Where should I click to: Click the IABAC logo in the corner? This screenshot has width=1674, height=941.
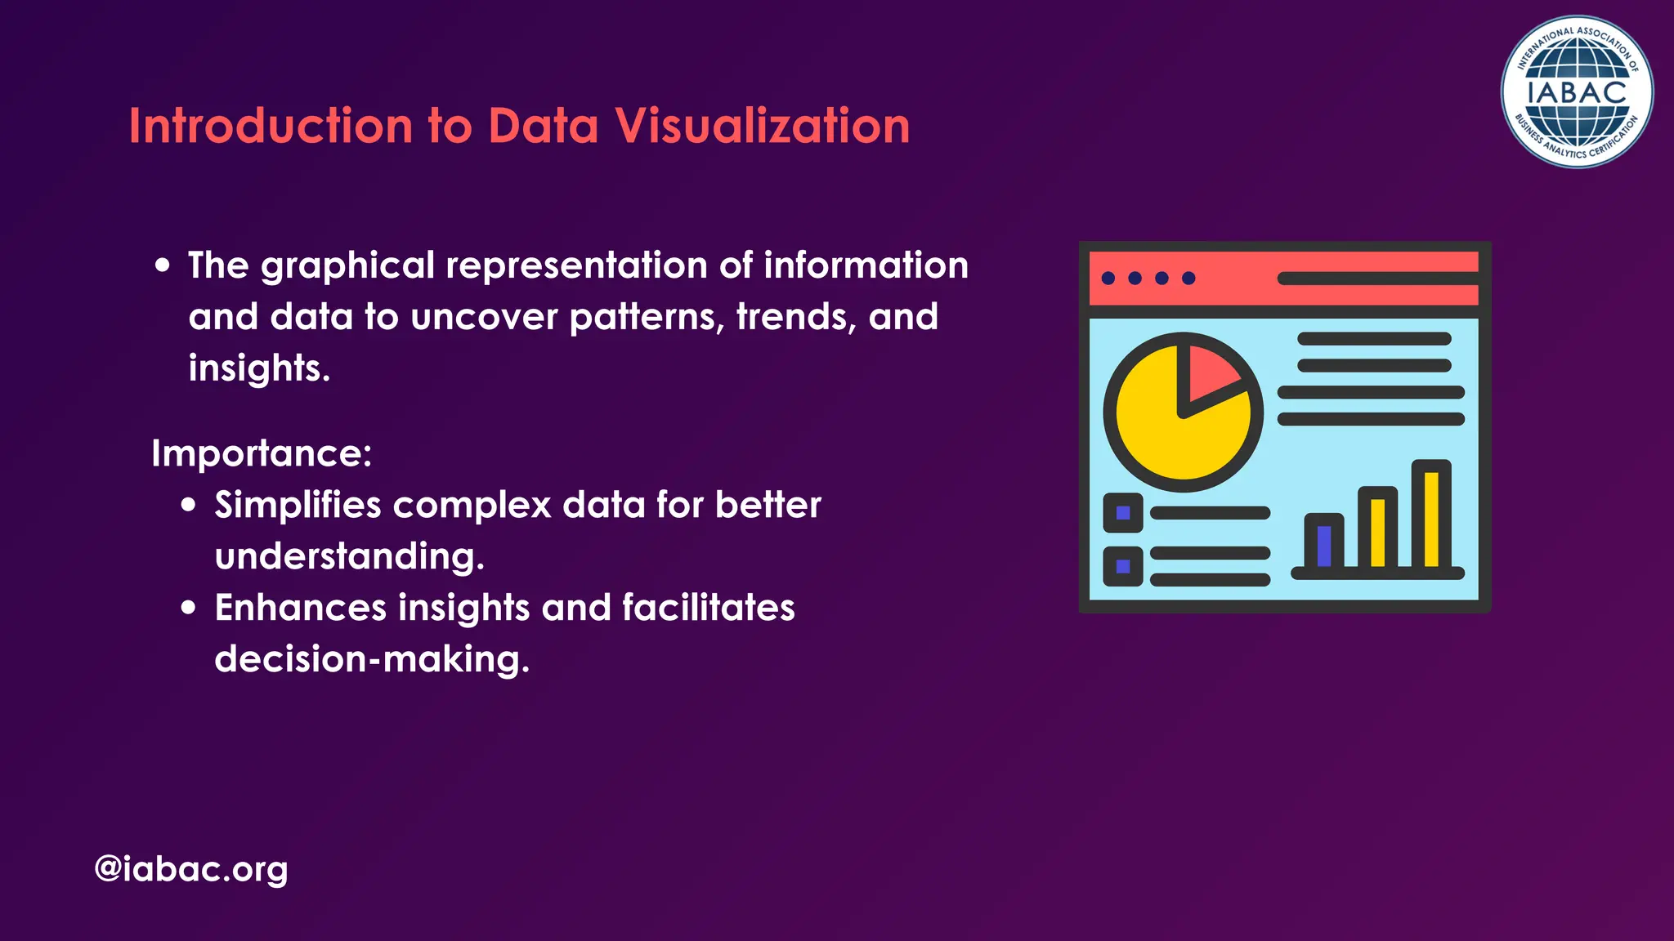[x=1577, y=92]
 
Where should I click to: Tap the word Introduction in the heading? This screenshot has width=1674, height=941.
[x=271, y=127]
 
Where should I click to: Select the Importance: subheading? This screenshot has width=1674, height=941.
[x=262, y=453]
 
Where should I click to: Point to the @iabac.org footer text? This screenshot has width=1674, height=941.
[x=191, y=868]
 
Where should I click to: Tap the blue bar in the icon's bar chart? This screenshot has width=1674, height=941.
[x=1324, y=545]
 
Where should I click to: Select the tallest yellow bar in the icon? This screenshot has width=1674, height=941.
[x=1431, y=518]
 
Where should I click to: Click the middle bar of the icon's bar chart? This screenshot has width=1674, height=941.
[x=1378, y=532]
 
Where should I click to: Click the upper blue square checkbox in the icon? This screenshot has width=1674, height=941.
[x=1123, y=513]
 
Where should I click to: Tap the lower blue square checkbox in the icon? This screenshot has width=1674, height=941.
[x=1123, y=566]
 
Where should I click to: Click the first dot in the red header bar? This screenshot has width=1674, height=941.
[x=1108, y=279]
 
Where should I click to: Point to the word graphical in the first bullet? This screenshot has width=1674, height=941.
[x=347, y=266]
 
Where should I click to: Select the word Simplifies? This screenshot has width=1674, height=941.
[x=298, y=506]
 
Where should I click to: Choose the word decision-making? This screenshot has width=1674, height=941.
[x=372, y=659]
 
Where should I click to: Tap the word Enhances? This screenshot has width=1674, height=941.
[x=300, y=608]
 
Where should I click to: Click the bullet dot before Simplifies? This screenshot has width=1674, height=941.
[x=189, y=505]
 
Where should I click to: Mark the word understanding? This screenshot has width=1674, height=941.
[x=349, y=557]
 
